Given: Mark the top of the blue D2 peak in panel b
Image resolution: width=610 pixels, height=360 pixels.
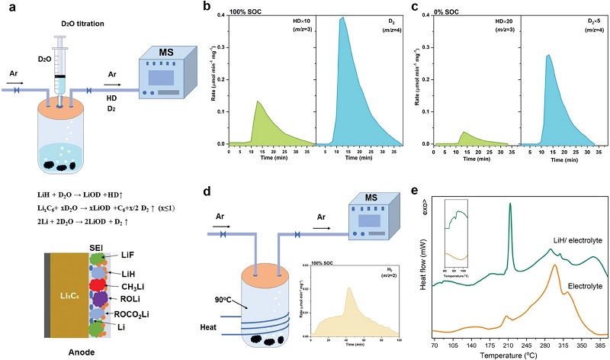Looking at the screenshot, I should point(343,18).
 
